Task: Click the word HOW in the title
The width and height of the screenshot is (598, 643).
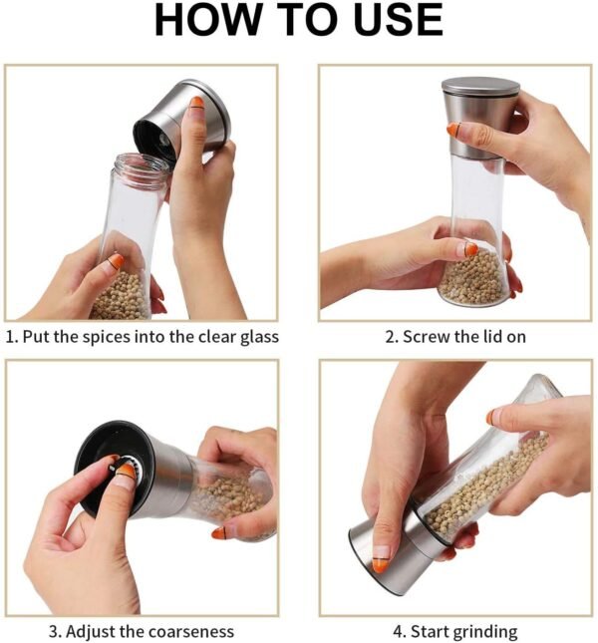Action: pos(208,20)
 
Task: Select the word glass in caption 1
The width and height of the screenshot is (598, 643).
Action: pos(259,337)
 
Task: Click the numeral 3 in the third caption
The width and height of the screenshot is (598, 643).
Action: pos(53,631)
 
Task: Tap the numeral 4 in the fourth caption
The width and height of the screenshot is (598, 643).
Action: pos(398,631)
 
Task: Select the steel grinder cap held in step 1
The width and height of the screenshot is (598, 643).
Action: pos(181,119)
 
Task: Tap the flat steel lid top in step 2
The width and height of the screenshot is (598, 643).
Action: pos(480,86)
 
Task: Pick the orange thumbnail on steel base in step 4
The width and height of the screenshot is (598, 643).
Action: pos(380,565)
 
